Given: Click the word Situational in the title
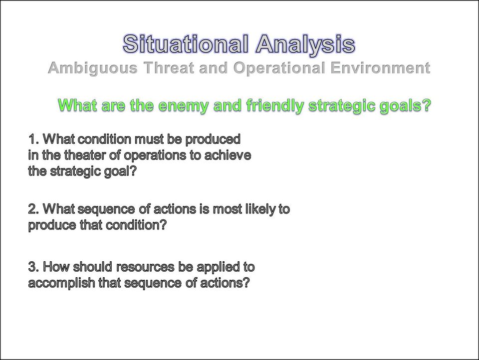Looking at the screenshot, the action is click(x=186, y=43).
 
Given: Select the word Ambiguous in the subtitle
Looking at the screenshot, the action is click(x=93, y=68).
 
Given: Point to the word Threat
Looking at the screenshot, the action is click(x=169, y=67).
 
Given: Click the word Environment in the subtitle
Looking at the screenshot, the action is click(x=380, y=67).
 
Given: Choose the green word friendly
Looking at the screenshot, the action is click(x=275, y=106).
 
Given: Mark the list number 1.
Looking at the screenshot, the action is click(x=33, y=139).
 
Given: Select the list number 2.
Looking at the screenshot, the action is click(x=33, y=209).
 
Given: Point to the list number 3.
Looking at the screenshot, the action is click(x=33, y=267).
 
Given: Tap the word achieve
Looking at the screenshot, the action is click(x=228, y=155).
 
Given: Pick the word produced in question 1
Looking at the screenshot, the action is click(x=213, y=140).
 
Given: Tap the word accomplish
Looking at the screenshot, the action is click(x=62, y=283).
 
